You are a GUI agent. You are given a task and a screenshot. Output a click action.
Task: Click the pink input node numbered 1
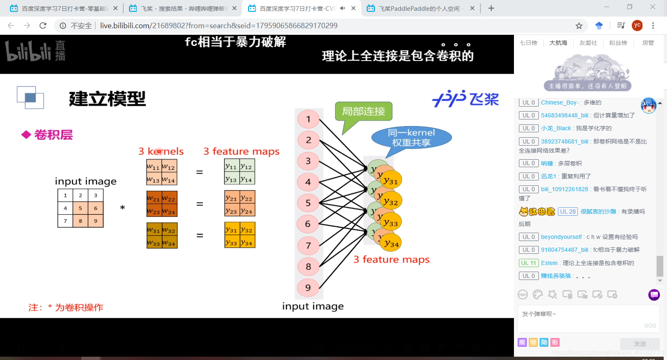(x=308, y=119)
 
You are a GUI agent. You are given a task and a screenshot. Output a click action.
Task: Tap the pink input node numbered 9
(x=308, y=288)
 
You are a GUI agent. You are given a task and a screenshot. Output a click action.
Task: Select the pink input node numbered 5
(x=308, y=203)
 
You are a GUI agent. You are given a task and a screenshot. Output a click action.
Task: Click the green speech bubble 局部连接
(x=363, y=111)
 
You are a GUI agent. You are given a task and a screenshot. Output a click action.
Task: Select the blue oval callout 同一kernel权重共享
(x=411, y=137)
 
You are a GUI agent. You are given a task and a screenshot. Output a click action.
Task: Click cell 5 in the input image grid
(x=80, y=208)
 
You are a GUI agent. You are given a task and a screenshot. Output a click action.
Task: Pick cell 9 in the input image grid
(x=95, y=221)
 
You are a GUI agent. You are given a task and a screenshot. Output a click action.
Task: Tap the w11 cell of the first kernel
(x=153, y=167)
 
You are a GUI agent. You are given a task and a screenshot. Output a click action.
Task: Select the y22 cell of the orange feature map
(x=247, y=198)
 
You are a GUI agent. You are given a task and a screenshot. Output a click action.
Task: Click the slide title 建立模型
(x=107, y=99)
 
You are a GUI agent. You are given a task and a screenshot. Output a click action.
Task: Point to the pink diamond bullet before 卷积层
(x=26, y=135)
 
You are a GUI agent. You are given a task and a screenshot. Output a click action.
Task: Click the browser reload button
(x=43, y=26)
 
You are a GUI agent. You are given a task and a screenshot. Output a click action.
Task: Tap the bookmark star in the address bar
(x=579, y=26)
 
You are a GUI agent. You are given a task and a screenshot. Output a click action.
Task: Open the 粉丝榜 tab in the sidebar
(x=618, y=43)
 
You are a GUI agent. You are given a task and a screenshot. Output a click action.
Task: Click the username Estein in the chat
(x=549, y=263)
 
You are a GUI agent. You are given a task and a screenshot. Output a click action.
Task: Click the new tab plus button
(x=491, y=8)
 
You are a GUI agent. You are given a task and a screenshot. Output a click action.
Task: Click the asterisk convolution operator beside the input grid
(x=122, y=207)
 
